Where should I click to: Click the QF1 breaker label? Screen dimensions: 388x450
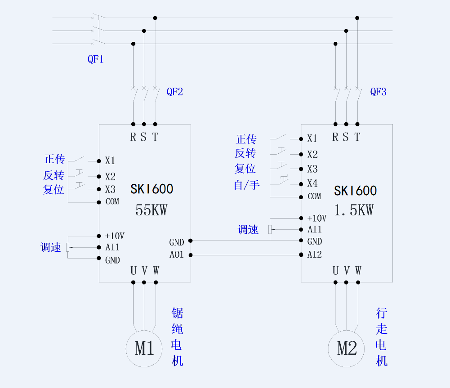click(x=95, y=59)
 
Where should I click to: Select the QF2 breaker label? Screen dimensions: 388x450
click(x=175, y=92)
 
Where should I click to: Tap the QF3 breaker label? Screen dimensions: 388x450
click(x=378, y=92)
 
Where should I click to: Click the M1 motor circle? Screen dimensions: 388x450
click(x=145, y=348)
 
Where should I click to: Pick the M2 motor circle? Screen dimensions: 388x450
click(x=347, y=348)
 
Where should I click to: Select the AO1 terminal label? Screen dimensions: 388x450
click(x=177, y=255)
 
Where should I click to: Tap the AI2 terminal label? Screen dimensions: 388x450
click(x=315, y=255)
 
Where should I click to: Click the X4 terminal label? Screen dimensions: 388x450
click(x=312, y=183)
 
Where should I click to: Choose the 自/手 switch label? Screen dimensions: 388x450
click(x=247, y=184)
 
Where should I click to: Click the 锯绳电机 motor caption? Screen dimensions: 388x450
click(x=178, y=337)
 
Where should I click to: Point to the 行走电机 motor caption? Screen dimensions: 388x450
click(x=381, y=337)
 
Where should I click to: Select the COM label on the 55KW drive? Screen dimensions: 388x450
click(x=112, y=201)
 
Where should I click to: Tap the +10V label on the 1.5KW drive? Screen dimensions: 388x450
click(x=317, y=218)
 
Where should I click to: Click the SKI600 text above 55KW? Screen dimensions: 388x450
click(x=152, y=189)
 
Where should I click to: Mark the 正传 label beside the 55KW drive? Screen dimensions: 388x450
click(x=55, y=159)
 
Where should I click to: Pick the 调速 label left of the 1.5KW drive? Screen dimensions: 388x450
click(x=248, y=230)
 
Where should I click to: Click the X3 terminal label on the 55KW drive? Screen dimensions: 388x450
click(x=111, y=189)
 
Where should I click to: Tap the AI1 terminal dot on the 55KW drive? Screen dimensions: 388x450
click(x=99, y=247)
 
